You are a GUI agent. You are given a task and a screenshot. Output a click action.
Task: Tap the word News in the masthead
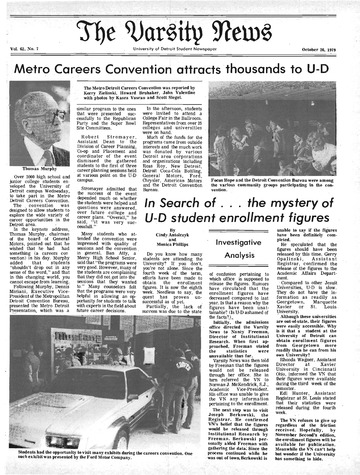click(x=235, y=17)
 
